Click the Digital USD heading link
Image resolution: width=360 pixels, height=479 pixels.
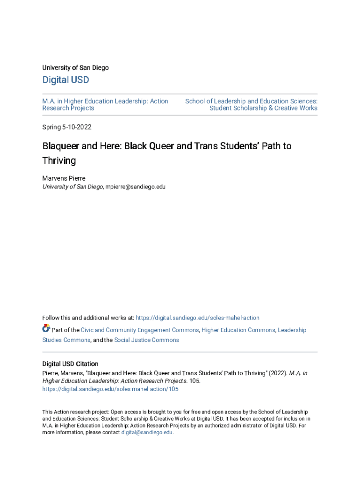(x=65, y=80)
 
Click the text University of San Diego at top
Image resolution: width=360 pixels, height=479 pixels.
(x=75, y=68)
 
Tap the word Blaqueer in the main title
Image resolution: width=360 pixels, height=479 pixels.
(x=61, y=146)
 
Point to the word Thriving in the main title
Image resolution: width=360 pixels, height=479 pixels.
(x=59, y=160)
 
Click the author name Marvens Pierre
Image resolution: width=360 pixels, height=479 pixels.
(x=64, y=178)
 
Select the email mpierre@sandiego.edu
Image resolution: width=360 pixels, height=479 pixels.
(x=135, y=187)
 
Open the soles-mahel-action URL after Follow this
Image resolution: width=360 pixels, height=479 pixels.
(x=197, y=318)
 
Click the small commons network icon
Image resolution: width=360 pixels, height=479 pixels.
(x=46, y=328)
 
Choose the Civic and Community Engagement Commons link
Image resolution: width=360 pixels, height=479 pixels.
(x=140, y=330)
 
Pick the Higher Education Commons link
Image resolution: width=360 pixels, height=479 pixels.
(x=238, y=330)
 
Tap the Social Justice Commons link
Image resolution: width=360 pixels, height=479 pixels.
(x=146, y=340)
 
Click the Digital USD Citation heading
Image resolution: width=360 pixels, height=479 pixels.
(x=70, y=364)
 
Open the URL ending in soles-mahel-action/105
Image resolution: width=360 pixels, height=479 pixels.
(x=110, y=389)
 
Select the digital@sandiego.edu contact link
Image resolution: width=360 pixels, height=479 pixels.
(x=147, y=433)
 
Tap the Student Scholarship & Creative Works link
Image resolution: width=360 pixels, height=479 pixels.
(x=263, y=108)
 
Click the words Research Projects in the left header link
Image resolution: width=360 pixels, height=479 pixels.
(x=68, y=108)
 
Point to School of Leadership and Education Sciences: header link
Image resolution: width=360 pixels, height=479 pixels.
(x=251, y=101)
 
